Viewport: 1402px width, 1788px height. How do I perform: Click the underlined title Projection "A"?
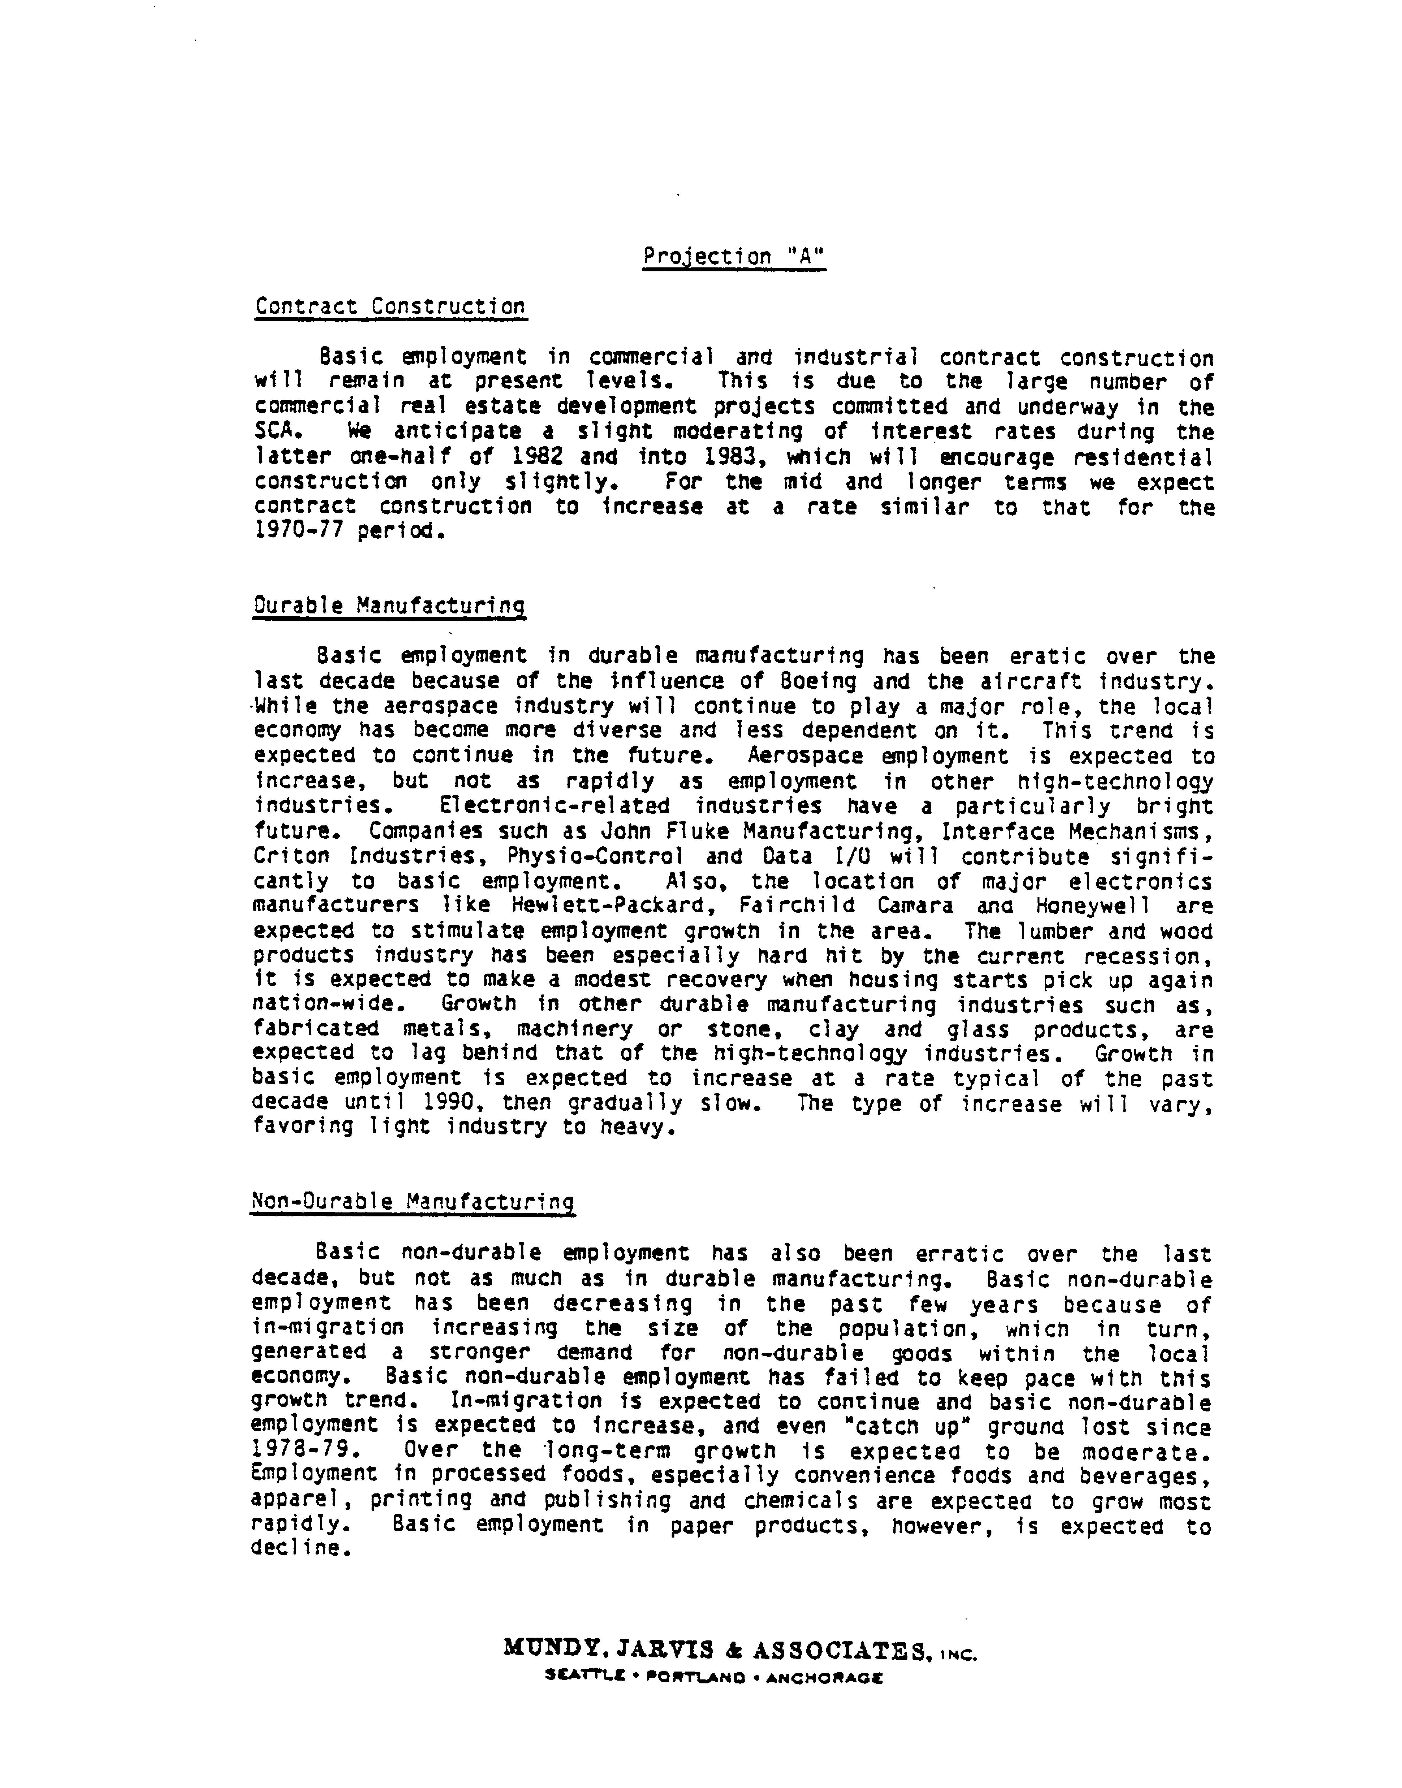click(733, 257)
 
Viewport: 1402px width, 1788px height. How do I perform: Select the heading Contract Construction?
click(390, 307)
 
